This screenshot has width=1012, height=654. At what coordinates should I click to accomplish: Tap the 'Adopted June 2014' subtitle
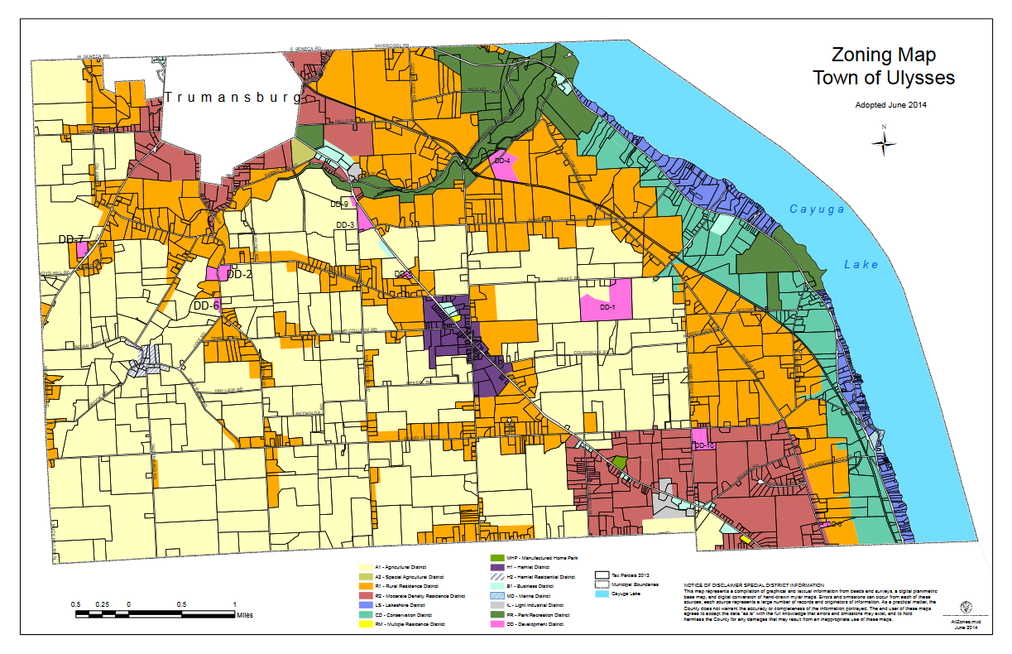pyautogui.click(x=884, y=105)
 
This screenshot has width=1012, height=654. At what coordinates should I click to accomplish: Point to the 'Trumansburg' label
pyautogui.click(x=233, y=98)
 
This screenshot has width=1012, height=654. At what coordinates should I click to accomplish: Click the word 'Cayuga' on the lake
pyautogui.click(x=817, y=209)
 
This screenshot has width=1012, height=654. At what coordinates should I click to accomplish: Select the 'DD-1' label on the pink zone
pyautogui.click(x=609, y=307)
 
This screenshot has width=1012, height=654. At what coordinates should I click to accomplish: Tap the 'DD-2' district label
pyautogui.click(x=239, y=274)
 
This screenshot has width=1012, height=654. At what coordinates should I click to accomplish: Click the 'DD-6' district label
pyautogui.click(x=206, y=305)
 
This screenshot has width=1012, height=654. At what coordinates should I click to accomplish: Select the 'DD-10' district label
pyautogui.click(x=704, y=445)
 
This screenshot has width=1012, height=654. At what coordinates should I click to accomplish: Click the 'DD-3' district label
pyautogui.click(x=345, y=224)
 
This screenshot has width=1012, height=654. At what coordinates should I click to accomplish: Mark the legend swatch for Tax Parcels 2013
pyautogui.click(x=602, y=574)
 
